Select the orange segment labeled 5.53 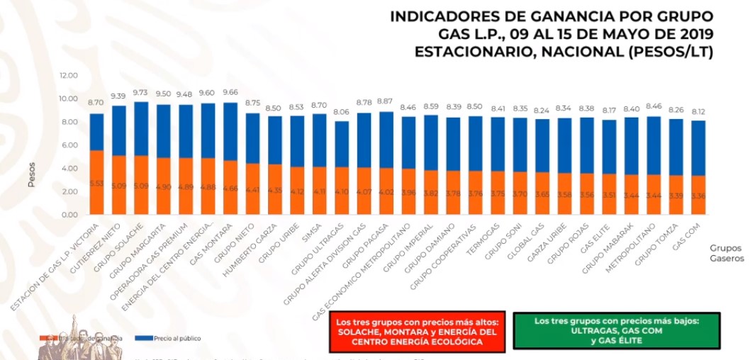click(x=98, y=183)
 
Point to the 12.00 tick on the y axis click(x=69, y=75)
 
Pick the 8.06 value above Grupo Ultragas click(x=341, y=112)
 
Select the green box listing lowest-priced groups click(x=627, y=332)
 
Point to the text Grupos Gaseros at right click(x=726, y=254)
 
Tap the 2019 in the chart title click(x=693, y=34)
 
